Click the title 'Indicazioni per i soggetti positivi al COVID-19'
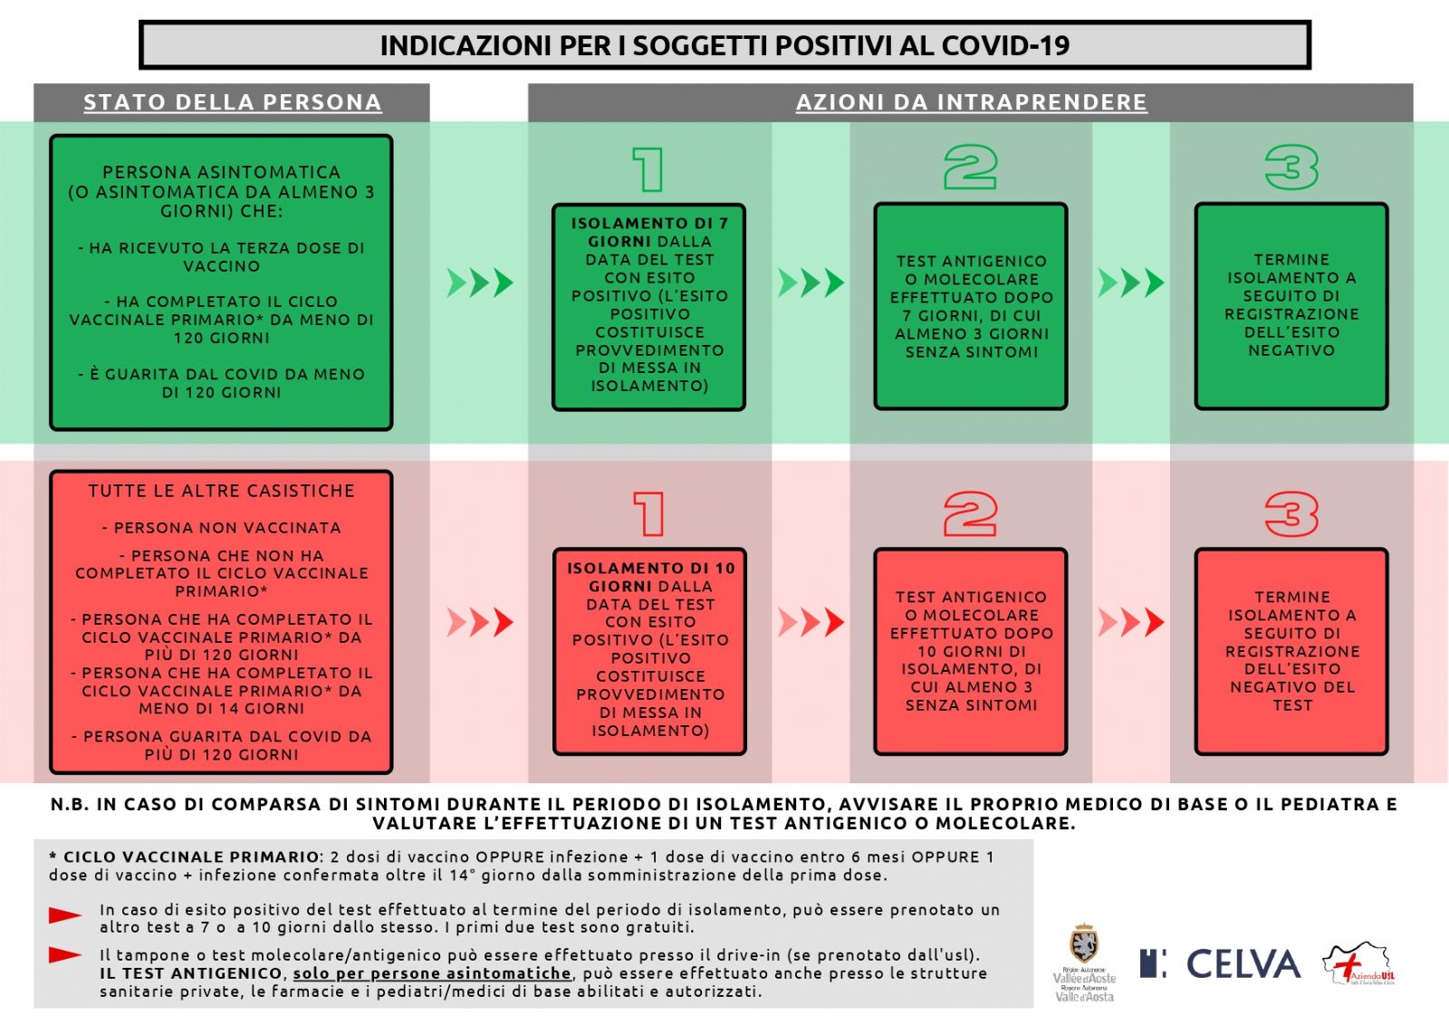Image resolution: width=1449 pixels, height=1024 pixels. tap(724, 45)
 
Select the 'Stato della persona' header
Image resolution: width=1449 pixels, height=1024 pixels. tap(232, 102)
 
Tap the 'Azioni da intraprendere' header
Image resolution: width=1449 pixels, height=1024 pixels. tap(971, 102)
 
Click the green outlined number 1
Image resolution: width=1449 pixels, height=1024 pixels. tap(648, 169)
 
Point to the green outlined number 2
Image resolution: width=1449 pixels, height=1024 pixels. tap(970, 168)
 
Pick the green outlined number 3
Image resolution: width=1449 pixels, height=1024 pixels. tap(1291, 168)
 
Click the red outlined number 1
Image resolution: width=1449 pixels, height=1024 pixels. tap(649, 513)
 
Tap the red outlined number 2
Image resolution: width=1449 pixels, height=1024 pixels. tap(970, 513)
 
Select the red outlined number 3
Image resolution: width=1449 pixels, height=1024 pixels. tap(1291, 513)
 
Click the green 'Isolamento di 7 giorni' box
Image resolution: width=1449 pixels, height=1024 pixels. tap(648, 306)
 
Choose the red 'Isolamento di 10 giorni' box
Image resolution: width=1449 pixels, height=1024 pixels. tap(649, 651)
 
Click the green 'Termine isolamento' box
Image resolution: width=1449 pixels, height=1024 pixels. tap(1291, 306)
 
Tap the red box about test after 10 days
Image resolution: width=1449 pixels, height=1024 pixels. tap(970, 651)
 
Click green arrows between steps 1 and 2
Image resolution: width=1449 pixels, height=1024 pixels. tap(811, 283)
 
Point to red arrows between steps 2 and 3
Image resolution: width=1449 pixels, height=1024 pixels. tap(1131, 623)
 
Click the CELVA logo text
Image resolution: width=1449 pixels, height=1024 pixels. tap(1243, 964)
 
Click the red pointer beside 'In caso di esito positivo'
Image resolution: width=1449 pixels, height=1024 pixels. tap(65, 915)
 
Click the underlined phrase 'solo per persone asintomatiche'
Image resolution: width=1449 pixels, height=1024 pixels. tap(432, 973)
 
